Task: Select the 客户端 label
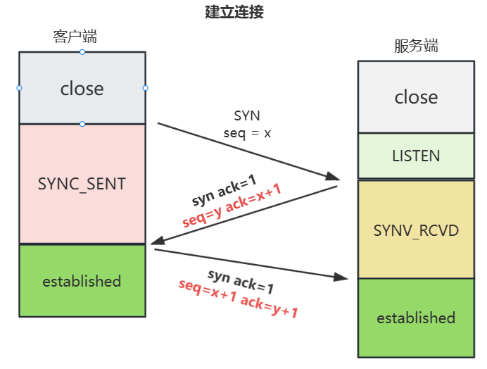(x=75, y=37)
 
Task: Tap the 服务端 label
(x=416, y=46)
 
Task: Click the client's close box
(x=82, y=88)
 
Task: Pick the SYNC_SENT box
(x=82, y=184)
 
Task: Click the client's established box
(x=82, y=281)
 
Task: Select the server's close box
(x=416, y=96)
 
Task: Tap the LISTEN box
(x=416, y=156)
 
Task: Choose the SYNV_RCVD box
(x=416, y=230)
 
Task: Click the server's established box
(x=416, y=318)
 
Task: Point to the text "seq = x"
(x=247, y=132)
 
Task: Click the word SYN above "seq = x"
(x=247, y=115)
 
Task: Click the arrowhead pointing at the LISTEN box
(x=333, y=177)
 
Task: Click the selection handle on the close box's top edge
(x=82, y=52)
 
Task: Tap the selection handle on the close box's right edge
(x=146, y=88)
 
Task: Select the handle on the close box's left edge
(x=19, y=88)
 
